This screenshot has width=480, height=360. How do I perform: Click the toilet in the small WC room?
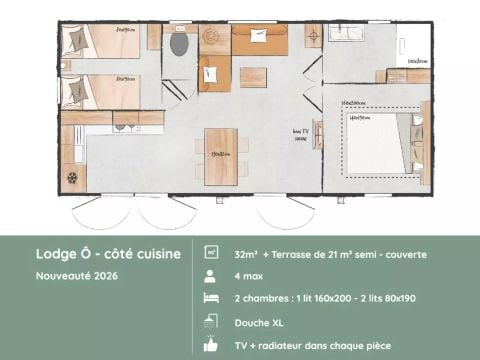coord(180,45)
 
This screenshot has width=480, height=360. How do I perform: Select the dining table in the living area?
coord(221,156)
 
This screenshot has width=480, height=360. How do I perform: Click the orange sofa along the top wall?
coord(259,39)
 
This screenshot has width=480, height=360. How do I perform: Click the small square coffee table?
coord(253,76)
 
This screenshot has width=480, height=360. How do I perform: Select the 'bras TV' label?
coord(300,134)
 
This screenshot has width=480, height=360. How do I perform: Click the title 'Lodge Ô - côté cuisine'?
coord(108,254)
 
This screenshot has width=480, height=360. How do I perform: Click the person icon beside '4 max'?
coord(211,276)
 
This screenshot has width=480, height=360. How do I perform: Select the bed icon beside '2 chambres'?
coord(211,298)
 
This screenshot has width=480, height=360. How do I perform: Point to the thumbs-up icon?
coord(211,343)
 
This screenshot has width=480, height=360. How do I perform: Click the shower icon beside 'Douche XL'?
coord(211,321)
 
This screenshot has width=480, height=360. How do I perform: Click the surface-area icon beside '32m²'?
coord(211,254)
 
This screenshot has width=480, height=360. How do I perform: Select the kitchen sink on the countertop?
coord(124,126)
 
